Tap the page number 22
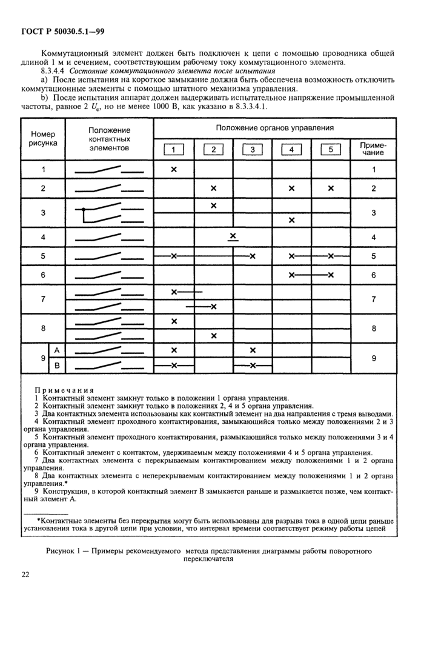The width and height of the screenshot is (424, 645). [x=25, y=575]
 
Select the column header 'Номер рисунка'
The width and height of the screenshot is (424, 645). [x=42, y=138]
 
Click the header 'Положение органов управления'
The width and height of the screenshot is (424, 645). [x=275, y=128]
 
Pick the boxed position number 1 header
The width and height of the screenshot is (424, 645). [x=173, y=150]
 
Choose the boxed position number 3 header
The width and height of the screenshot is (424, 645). [x=253, y=150]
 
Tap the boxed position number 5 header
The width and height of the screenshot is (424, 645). [x=331, y=150]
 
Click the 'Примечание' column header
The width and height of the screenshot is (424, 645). [x=374, y=149]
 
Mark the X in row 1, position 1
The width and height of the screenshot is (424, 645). [x=173, y=169]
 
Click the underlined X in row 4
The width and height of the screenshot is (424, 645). [x=233, y=236]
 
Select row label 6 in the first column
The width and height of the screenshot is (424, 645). [x=42, y=275]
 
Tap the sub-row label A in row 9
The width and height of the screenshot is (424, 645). [x=57, y=350]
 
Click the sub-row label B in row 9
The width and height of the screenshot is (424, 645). [x=57, y=366]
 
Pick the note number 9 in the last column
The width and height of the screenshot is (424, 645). [x=374, y=358]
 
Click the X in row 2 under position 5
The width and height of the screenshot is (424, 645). [x=331, y=189]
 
